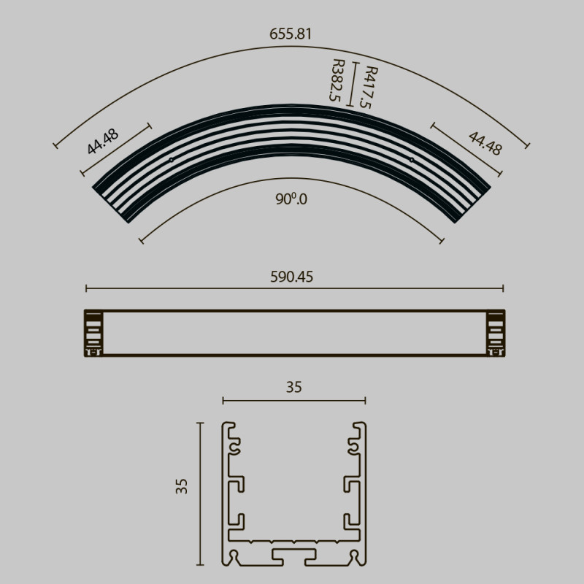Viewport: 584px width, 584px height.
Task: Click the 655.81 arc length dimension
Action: (291, 34)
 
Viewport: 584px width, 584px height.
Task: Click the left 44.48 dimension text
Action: (102, 141)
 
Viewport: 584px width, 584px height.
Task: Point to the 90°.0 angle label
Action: (291, 199)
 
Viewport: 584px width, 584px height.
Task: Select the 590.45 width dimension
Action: (293, 277)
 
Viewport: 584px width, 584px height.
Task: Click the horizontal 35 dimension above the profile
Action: (293, 388)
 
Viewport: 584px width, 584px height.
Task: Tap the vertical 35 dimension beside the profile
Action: (182, 487)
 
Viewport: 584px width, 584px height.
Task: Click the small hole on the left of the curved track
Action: (171, 159)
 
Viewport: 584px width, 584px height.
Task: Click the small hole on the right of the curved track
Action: (412, 159)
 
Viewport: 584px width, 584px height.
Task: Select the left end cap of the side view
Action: (93, 334)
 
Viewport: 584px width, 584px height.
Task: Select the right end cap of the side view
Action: (496, 334)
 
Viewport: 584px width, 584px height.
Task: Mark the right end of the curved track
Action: (472, 204)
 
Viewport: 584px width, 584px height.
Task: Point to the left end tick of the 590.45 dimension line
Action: (86, 288)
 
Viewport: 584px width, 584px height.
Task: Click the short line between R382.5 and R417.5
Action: (354, 85)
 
